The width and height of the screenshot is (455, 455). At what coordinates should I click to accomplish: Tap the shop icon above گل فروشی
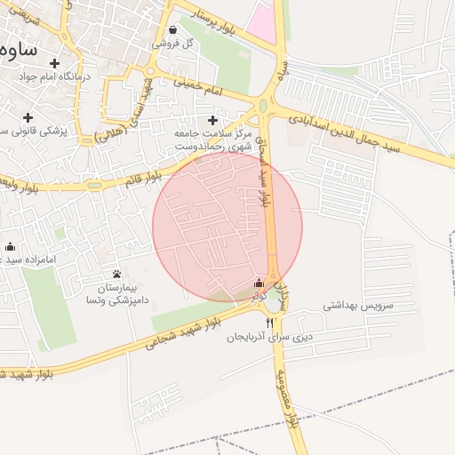tap(172, 29)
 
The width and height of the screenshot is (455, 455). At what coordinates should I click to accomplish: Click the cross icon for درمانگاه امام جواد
tap(55, 63)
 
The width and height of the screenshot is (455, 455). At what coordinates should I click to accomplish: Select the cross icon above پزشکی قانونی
tap(28, 117)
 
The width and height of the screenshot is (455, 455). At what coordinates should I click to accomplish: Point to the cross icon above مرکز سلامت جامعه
tap(212, 120)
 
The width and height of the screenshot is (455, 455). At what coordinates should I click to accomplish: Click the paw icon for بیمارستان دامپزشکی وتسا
tap(117, 274)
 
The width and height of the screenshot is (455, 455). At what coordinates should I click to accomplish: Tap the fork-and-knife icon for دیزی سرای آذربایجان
tap(269, 322)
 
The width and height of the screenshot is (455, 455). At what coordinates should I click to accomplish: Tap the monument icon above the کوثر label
tap(259, 282)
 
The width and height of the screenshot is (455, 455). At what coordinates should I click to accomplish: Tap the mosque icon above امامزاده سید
tap(11, 246)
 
